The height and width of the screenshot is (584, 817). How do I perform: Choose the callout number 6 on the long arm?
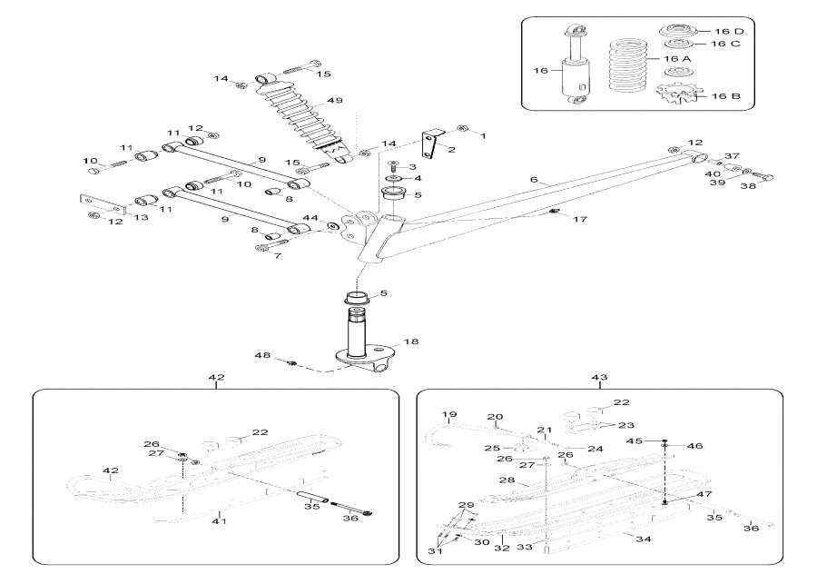535,181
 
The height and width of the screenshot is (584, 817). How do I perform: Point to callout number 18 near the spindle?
411,341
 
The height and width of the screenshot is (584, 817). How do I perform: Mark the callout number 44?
310,218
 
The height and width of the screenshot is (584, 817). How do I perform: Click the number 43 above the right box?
598,376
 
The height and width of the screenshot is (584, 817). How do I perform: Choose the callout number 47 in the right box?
704,494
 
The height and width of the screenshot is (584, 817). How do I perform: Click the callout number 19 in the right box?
448,415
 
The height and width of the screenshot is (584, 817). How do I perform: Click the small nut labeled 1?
463,130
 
